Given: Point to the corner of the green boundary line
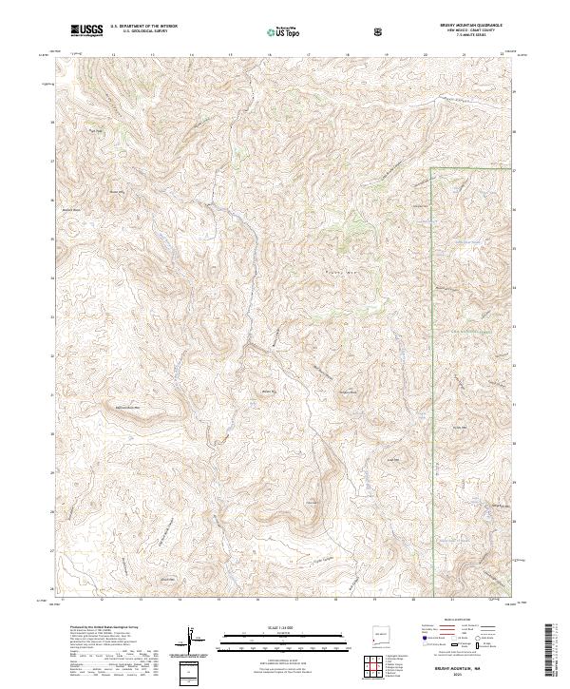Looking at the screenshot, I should coord(432,169).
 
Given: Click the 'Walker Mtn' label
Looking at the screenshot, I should coord(269,391).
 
